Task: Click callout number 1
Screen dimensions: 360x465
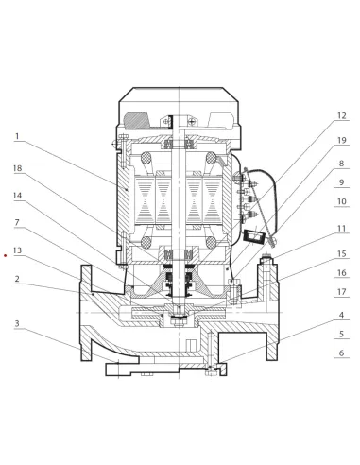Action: [x=17, y=136]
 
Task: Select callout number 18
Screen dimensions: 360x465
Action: [x=18, y=168]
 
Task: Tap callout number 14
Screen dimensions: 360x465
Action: [x=18, y=196]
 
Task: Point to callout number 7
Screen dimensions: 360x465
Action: [x=17, y=223]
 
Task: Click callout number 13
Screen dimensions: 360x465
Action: [x=18, y=250]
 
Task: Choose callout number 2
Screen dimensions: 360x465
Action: [x=17, y=279]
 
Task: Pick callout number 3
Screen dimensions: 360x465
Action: [x=17, y=323]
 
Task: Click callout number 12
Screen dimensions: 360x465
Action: [x=342, y=115]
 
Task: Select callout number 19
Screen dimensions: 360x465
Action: [x=342, y=140]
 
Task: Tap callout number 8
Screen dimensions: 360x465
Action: [x=342, y=164]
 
